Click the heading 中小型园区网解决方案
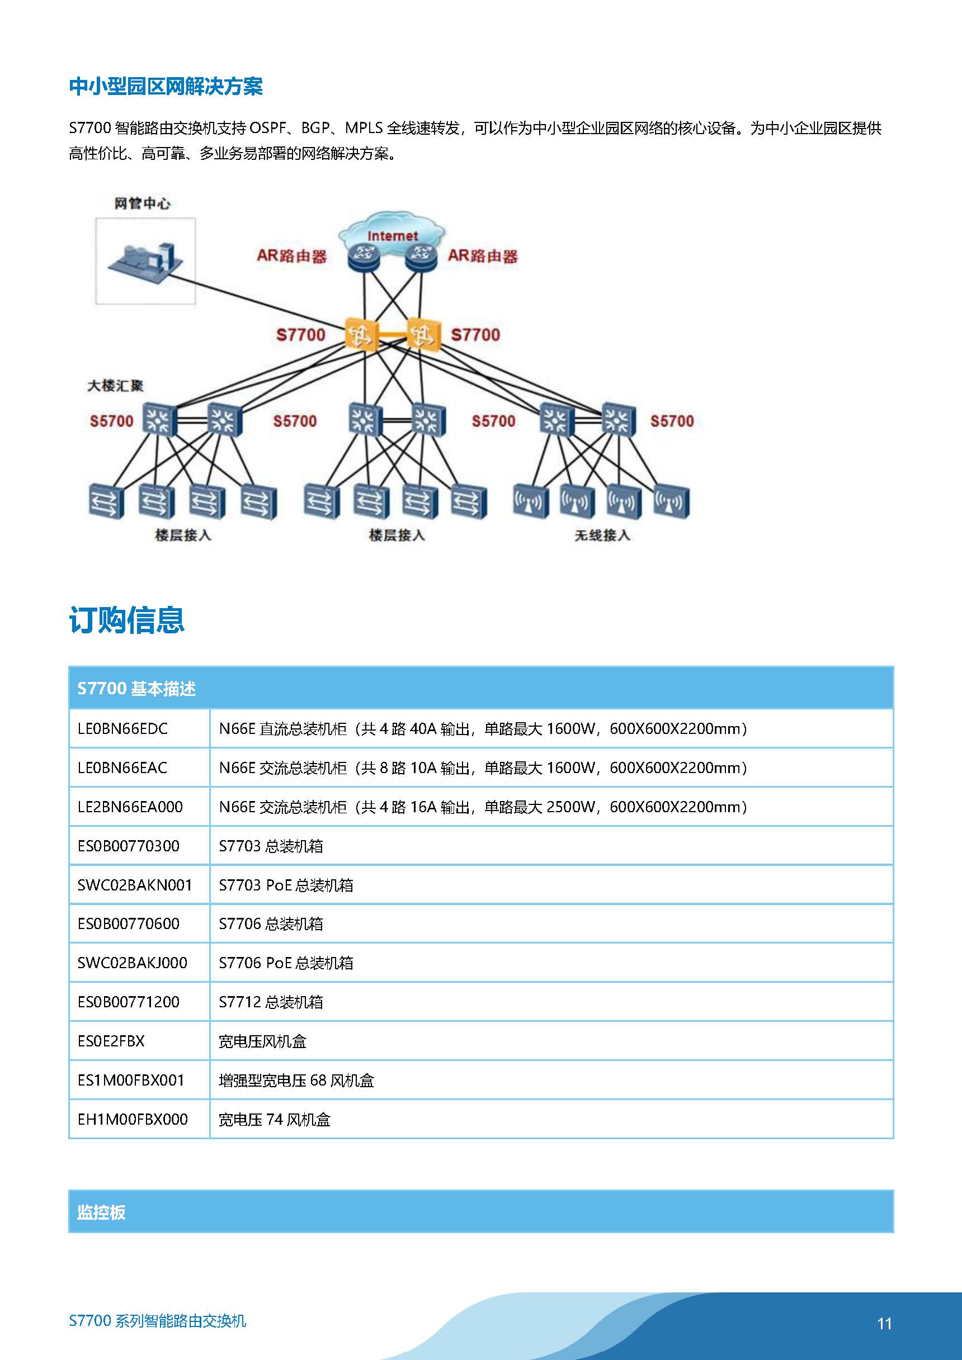coord(166,87)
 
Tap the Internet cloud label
coord(393,236)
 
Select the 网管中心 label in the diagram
coord(142,204)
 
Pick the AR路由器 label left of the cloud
coord(291,257)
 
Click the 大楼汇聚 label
coord(116,386)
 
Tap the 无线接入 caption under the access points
coord(602,536)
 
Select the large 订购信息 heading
coord(127,620)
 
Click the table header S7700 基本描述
coord(136,688)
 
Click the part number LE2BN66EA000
coord(130,807)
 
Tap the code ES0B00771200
coord(128,1002)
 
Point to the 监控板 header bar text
coord(101,1212)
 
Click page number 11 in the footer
coord(884,1323)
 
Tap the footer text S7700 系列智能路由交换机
coord(158,1320)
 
